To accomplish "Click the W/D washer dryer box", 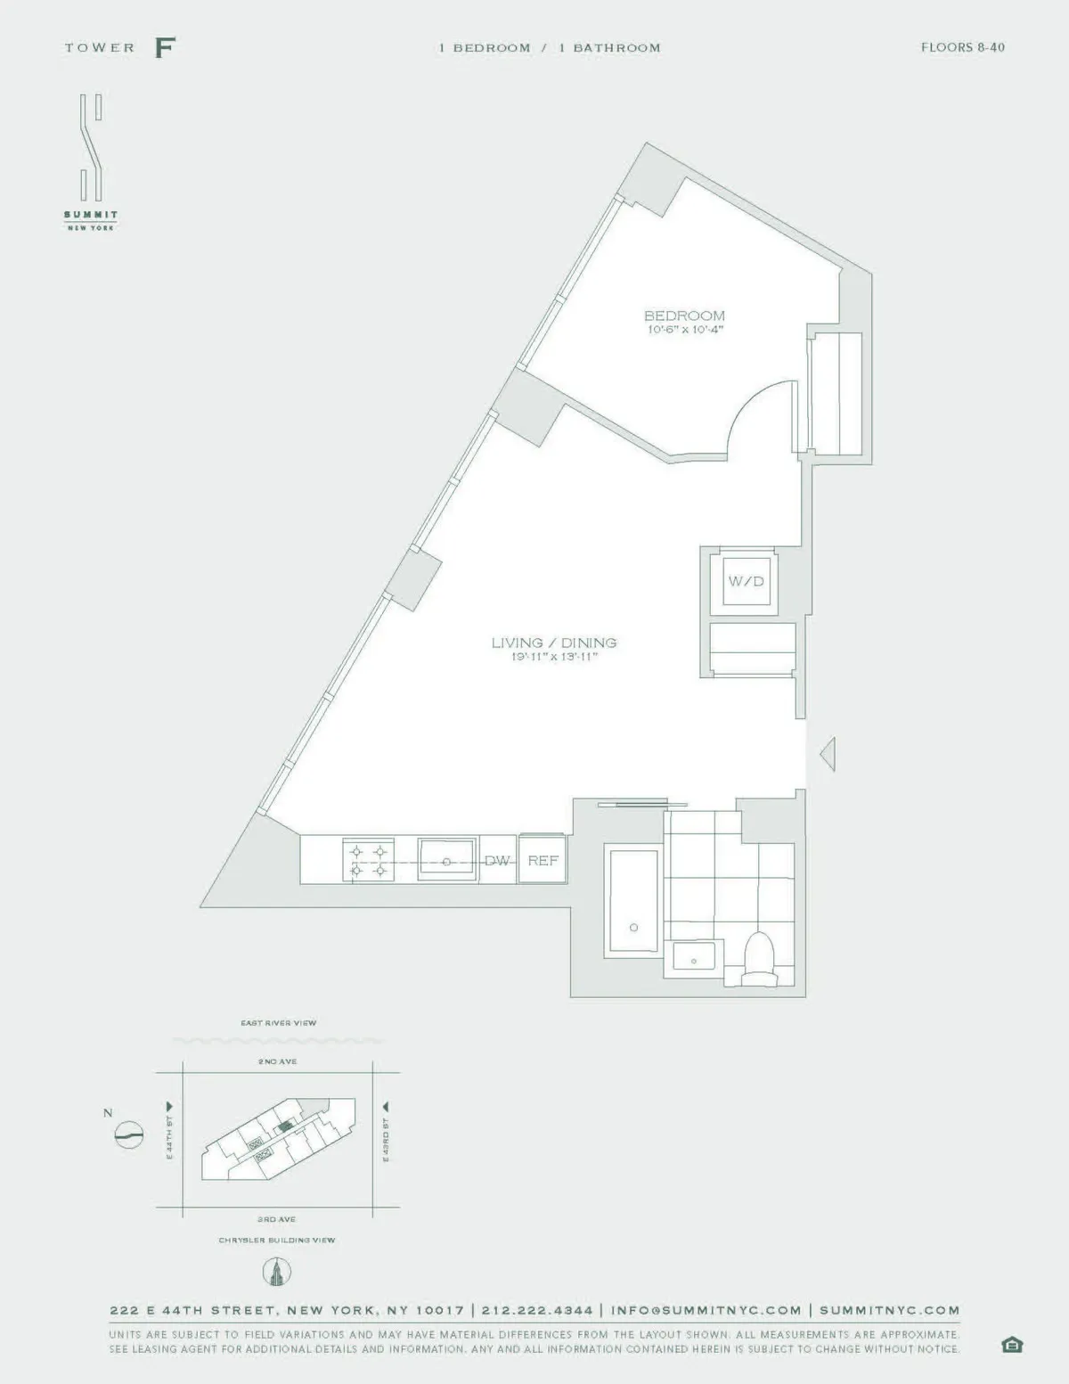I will pos(746,582).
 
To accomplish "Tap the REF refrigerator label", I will pos(543,861).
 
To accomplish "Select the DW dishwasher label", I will pos(497,861).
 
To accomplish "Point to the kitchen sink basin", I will pos(448,860).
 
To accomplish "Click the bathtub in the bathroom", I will pos(632,901).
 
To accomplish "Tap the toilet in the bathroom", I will pos(760,959).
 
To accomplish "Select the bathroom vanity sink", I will pos(694,959).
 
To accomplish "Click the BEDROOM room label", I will pos(684,315).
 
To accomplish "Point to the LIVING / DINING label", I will pos(554,643).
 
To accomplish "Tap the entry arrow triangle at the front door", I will pos(827,755).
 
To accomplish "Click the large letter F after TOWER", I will pos(164,47).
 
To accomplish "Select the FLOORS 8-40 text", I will pos(962,47).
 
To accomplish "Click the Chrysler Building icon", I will pos(277,1272).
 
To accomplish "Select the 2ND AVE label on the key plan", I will pos(277,1061).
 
